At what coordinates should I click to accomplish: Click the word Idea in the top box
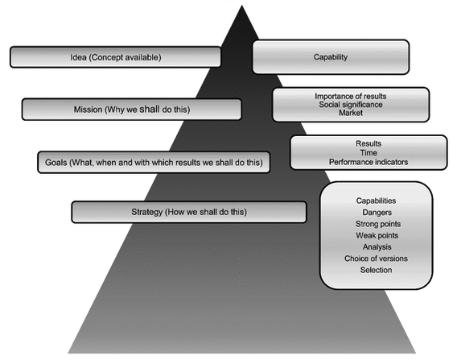point(78,57)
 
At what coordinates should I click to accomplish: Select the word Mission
point(88,110)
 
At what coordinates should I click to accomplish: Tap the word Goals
point(56,163)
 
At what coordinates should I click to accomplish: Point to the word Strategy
point(147,212)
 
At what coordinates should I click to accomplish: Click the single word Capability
point(331,57)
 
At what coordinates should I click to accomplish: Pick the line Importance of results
point(351,97)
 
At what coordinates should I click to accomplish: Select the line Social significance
point(351,105)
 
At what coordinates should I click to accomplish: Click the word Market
point(351,113)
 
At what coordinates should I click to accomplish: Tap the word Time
point(368,152)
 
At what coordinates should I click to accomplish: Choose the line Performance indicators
point(368,162)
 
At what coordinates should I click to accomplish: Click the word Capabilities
point(376,201)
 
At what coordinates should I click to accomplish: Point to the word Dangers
point(377,213)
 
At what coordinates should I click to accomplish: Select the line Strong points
point(378,224)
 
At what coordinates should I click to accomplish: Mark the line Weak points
point(377,235)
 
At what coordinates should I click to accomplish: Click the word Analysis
point(377,247)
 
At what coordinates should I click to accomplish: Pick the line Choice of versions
point(376,259)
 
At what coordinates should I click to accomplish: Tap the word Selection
point(376,270)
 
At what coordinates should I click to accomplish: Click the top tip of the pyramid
point(241,6)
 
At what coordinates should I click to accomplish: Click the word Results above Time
point(368,143)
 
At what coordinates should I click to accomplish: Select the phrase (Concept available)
point(125,57)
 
